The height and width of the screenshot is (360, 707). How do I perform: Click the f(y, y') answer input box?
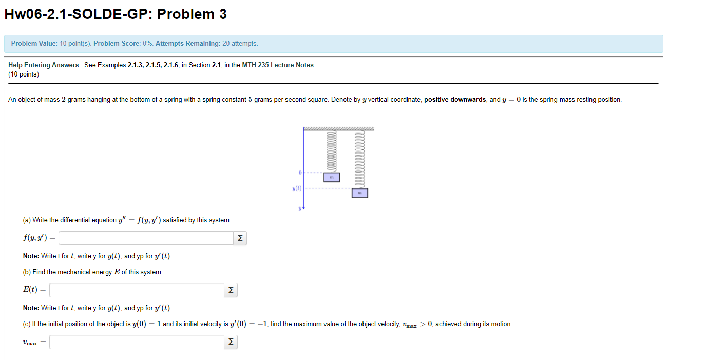(x=146, y=238)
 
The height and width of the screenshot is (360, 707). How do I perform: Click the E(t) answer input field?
(x=137, y=290)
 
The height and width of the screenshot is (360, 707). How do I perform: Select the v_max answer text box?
(x=137, y=342)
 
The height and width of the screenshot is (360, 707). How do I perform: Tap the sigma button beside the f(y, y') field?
(x=240, y=238)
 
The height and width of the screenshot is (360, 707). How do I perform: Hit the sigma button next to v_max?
(x=231, y=342)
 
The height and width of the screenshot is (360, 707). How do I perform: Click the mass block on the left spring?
(x=331, y=177)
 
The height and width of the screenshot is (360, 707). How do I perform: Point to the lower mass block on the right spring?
(x=359, y=193)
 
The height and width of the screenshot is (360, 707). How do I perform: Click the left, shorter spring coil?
(x=331, y=151)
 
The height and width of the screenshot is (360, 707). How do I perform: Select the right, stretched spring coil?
(x=359, y=159)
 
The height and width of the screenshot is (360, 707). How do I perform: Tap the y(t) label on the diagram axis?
(x=297, y=188)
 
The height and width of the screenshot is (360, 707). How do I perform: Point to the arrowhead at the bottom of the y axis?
(x=304, y=209)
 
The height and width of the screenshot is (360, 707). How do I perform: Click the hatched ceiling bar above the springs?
(x=338, y=129)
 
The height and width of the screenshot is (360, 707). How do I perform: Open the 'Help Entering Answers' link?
(x=44, y=65)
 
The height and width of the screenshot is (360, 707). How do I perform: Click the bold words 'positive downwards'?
(x=455, y=100)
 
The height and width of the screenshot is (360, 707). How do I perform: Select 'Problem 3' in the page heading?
(x=192, y=14)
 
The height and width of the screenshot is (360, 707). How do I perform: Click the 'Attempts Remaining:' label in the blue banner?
(x=188, y=44)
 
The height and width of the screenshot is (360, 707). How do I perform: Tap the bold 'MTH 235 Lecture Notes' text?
(x=278, y=65)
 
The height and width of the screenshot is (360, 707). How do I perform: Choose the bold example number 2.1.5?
(x=153, y=65)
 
